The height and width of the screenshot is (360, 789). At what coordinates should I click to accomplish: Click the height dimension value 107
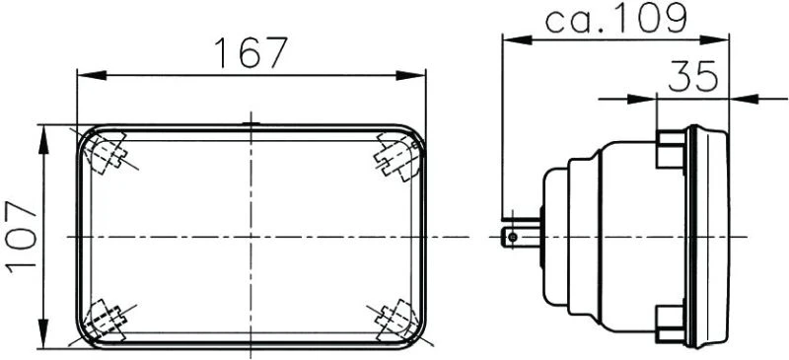point(21,237)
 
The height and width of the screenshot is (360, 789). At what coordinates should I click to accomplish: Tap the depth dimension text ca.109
point(615,18)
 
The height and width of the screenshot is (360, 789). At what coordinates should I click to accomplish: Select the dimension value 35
point(692,77)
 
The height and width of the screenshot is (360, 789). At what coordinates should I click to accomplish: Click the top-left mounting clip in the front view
point(107,154)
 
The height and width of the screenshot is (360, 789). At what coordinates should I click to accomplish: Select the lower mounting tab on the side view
point(670,320)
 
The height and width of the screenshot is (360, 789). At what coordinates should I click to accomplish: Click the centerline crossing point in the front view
point(251,237)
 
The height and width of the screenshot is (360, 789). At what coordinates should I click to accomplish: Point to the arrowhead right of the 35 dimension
point(741,98)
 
